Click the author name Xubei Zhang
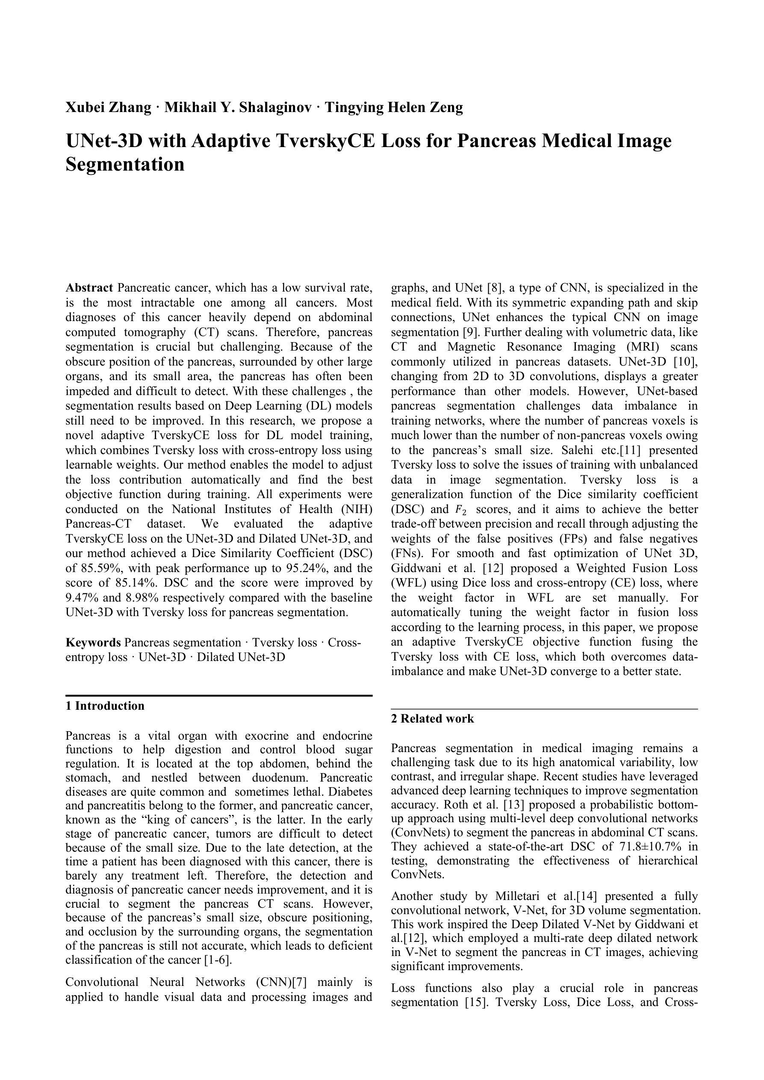(108, 108)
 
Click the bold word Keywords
(93, 643)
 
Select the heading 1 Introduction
(105, 705)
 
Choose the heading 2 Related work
(432, 719)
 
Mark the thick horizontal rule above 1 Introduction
(219, 695)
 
